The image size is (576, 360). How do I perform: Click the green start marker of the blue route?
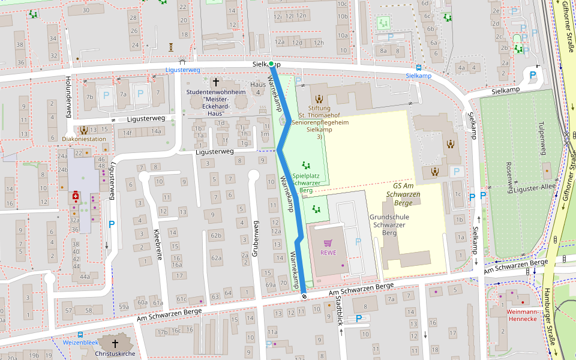point(271,64)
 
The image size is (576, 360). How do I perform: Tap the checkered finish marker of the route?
point(305,295)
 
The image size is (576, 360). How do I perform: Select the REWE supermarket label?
point(328,253)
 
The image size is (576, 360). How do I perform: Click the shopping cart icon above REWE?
point(328,243)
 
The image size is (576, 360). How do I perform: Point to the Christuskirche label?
point(115,354)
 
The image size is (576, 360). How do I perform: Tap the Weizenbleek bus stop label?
point(80,343)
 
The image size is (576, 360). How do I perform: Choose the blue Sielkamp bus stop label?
point(418,76)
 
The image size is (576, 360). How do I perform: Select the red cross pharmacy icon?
point(76,196)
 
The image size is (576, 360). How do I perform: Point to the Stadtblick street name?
point(340,312)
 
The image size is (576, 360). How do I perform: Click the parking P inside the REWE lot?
point(358,241)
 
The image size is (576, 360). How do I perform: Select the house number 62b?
point(216,236)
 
